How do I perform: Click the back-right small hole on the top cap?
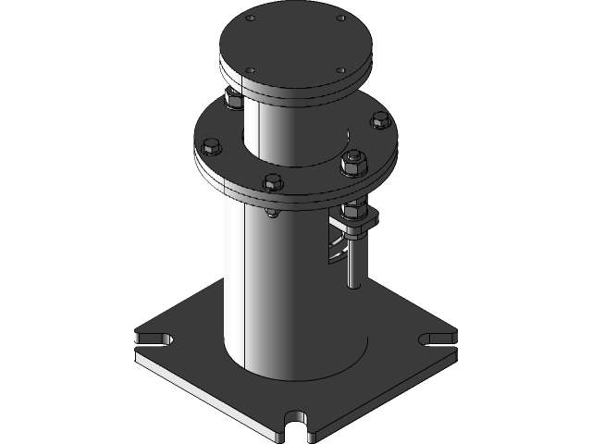pyautogui.click(x=340, y=18)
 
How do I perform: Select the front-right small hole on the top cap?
pyautogui.click(x=340, y=70)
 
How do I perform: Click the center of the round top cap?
pyautogui.click(x=295, y=43)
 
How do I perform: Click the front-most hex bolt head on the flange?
pyautogui.click(x=271, y=181)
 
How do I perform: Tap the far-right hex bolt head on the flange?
pyautogui.click(x=379, y=119)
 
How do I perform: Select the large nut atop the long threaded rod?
pyautogui.click(x=353, y=163)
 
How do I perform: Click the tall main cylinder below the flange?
pyautogui.click(x=277, y=287)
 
